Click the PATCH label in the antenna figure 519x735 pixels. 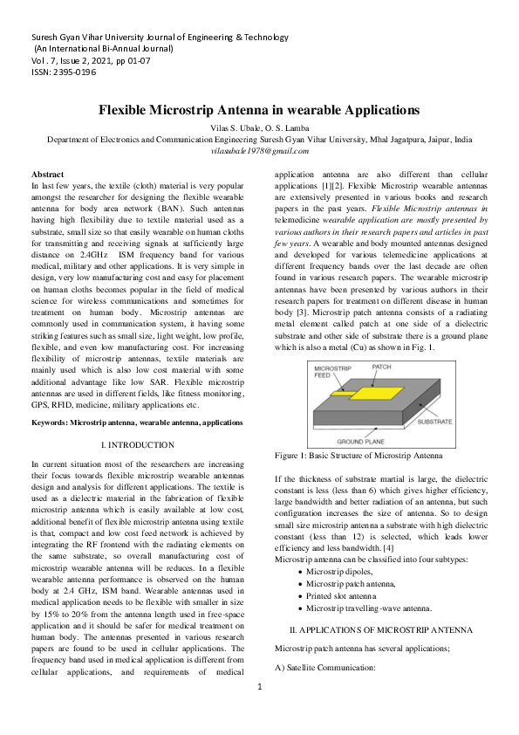[x=382, y=367]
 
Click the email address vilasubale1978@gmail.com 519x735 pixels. [x=259, y=151]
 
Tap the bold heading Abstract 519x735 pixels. [x=47, y=175]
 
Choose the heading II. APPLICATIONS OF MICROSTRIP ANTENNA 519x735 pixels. [x=380, y=629]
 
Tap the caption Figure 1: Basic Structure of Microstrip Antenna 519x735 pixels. [x=359, y=456]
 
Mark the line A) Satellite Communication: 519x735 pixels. [x=324, y=668]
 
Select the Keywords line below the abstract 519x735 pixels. [x=137, y=422]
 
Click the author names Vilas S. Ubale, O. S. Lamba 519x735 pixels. [x=259, y=127]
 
